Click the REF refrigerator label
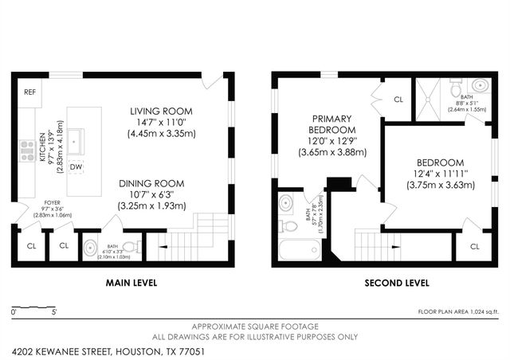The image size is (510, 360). (x=29, y=92)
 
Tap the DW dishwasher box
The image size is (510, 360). (x=76, y=166)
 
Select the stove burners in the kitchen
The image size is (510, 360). (x=26, y=150)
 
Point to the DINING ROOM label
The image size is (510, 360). (x=151, y=182)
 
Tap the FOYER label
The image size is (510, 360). (x=52, y=202)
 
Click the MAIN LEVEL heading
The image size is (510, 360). (x=131, y=283)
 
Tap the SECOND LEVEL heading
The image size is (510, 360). (x=396, y=283)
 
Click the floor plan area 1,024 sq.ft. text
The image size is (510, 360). (x=458, y=311)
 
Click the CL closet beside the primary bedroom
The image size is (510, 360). (x=398, y=100)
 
